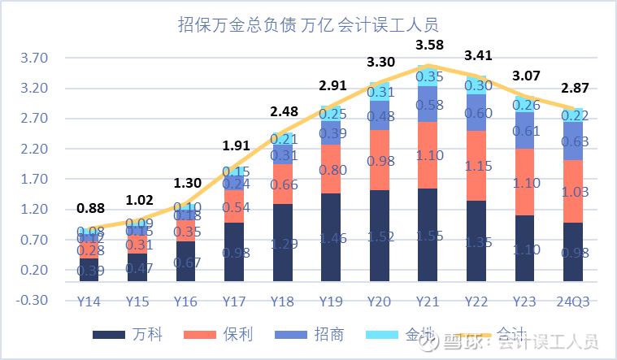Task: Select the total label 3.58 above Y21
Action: (429, 43)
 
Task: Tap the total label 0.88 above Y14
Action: (91, 207)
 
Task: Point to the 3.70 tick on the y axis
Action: (36, 59)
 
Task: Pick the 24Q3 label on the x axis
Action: (572, 301)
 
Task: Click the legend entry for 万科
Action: (122, 335)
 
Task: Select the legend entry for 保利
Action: (224, 335)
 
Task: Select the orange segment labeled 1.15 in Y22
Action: (476, 166)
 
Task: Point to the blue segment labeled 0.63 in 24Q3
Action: (572, 141)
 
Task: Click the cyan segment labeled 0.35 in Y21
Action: (429, 76)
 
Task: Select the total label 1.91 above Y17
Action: (236, 146)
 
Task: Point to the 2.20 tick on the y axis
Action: (36, 150)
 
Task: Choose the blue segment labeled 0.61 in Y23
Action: (524, 131)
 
